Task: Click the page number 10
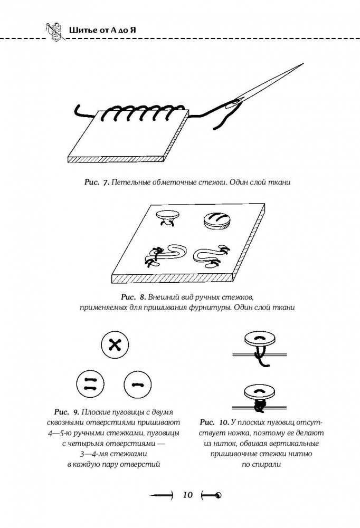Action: click(x=186, y=495)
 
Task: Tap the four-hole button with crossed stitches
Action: click(x=115, y=345)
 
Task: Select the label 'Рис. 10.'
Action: click(x=215, y=422)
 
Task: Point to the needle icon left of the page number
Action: click(x=162, y=495)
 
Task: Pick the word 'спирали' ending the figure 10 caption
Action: click(x=260, y=466)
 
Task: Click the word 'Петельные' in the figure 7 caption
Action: click(x=131, y=183)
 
